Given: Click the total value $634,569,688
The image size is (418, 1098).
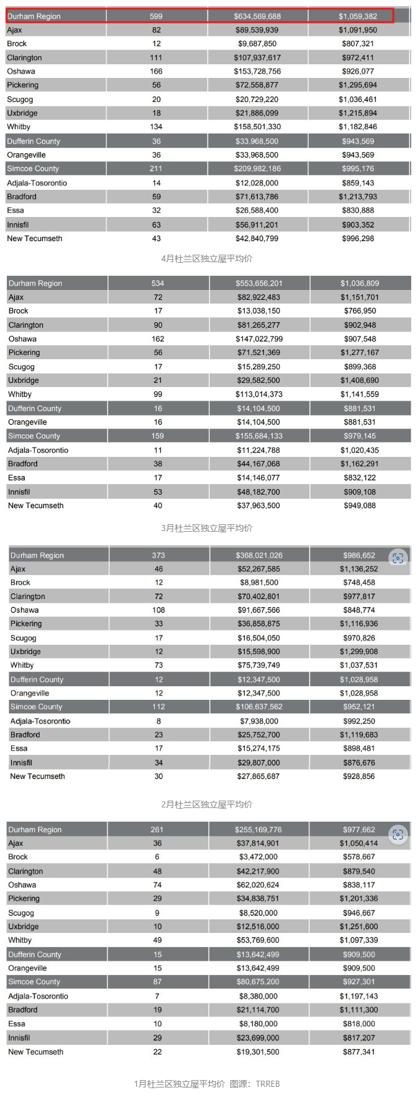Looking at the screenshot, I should pyautogui.click(x=257, y=16).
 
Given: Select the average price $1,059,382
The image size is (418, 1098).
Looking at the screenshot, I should pyautogui.click(x=357, y=16).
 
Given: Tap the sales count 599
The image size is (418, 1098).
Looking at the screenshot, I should pyautogui.click(x=156, y=16).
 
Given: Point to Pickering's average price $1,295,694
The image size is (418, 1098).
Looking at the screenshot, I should pyautogui.click(x=357, y=85).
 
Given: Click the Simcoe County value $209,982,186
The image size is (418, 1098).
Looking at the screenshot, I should pyautogui.click(x=257, y=169).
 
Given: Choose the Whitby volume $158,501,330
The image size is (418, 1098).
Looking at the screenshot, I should pyautogui.click(x=257, y=127).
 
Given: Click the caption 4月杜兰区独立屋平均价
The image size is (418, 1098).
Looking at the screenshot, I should pyautogui.click(x=207, y=258).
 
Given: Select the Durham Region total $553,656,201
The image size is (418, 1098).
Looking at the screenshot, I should pyautogui.click(x=258, y=283).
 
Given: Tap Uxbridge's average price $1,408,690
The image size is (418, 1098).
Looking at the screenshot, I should pyautogui.click(x=360, y=380).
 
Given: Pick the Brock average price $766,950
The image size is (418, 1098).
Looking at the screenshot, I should pyautogui.click(x=360, y=311).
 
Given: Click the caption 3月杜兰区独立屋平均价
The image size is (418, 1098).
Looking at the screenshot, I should pyautogui.click(x=207, y=528).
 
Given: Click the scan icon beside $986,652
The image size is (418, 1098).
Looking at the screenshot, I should pyautogui.click(x=398, y=558).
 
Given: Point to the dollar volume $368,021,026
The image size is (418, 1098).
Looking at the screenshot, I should pyautogui.click(x=258, y=555).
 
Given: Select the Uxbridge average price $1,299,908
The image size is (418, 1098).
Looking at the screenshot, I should pyautogui.click(x=359, y=652).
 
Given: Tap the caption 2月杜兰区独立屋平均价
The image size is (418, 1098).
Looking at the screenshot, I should pyautogui.click(x=207, y=804).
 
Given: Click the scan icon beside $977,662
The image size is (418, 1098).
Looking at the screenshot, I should pyautogui.click(x=398, y=835).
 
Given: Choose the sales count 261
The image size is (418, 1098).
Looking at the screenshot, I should pyautogui.click(x=157, y=830).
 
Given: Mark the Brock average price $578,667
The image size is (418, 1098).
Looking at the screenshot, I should pyautogui.click(x=359, y=857).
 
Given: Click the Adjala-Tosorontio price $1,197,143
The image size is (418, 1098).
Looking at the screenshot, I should pyautogui.click(x=359, y=996).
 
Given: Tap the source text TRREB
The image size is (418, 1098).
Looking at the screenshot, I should pyautogui.click(x=268, y=1084).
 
